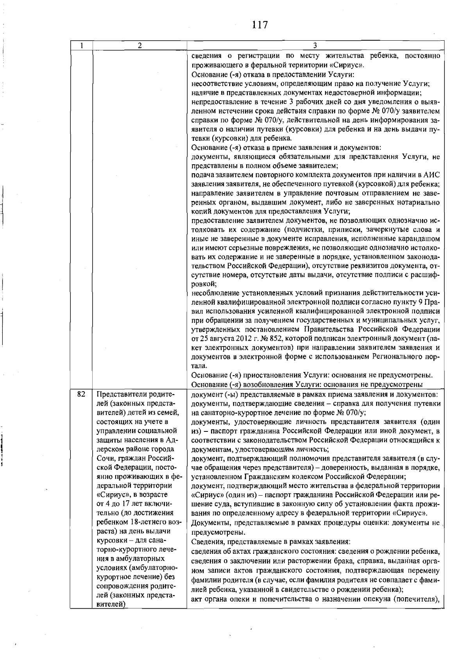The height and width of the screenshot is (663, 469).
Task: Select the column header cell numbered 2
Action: click(139, 45)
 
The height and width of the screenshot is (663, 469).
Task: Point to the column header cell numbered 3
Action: click(315, 45)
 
